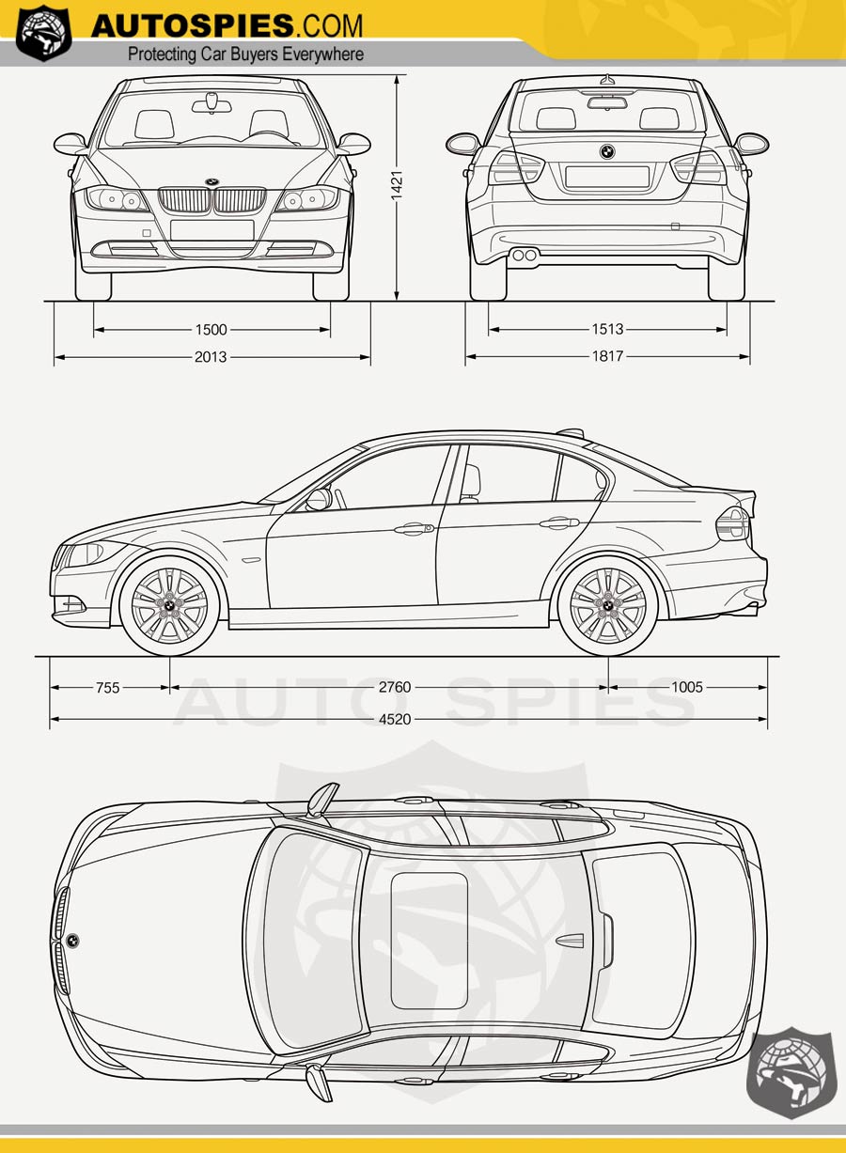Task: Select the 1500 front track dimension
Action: pos(211,330)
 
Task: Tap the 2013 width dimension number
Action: pos(211,357)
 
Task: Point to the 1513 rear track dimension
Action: pos(607,330)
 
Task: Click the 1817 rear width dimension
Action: pos(607,357)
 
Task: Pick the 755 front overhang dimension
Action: pos(108,688)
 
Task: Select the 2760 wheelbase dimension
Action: pos(395,688)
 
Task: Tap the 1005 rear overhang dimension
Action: pos(686,688)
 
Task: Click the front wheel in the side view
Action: pos(169,606)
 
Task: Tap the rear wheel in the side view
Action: pos(607,606)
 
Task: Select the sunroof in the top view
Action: pos(429,941)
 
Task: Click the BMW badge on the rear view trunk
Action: pos(607,151)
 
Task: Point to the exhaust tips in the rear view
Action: pos(525,255)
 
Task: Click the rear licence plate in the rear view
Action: pos(607,177)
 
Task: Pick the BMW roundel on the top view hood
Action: pos(72,941)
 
